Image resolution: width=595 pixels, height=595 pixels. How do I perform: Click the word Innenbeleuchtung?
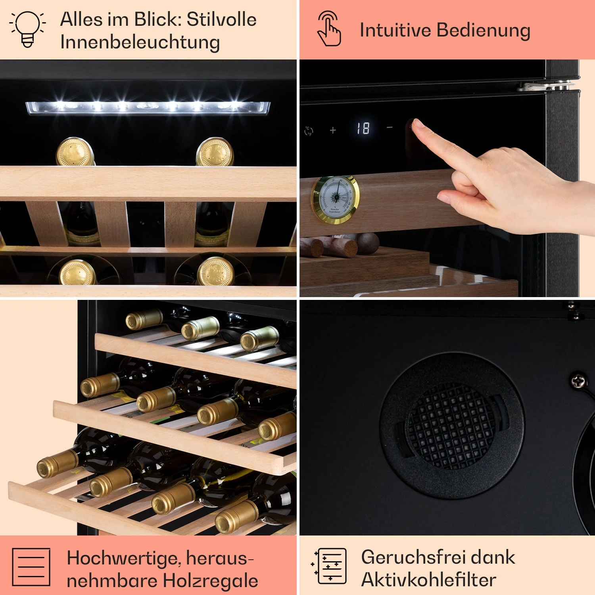(140, 42)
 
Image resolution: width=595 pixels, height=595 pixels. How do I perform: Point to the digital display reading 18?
(363, 128)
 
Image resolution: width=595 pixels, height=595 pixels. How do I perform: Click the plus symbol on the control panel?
(333, 130)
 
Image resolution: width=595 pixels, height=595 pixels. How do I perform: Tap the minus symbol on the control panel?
(390, 127)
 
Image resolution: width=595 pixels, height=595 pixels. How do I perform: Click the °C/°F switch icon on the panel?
(309, 131)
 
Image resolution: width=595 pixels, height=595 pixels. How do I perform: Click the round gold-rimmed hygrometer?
(336, 200)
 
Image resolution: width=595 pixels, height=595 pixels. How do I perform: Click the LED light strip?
(148, 107)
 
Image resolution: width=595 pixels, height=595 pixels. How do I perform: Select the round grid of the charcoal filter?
(451, 425)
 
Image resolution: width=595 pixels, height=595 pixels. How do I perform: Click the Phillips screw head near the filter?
(579, 381)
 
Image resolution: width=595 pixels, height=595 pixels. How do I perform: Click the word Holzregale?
(210, 580)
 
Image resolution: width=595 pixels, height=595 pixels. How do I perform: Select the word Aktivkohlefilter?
(428, 580)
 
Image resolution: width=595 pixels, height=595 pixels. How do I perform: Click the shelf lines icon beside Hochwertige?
(31, 567)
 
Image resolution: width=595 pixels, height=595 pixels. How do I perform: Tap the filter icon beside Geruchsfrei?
(329, 566)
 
